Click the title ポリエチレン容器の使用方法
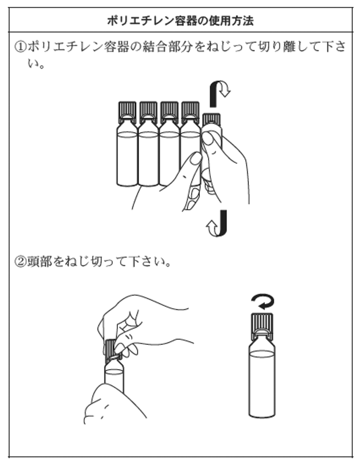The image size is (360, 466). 180,21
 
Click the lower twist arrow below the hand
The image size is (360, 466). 217,223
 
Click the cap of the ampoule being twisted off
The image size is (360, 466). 211,119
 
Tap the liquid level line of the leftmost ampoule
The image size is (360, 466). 127,135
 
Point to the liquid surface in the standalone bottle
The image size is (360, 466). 262,354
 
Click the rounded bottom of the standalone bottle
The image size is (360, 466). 262,414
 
